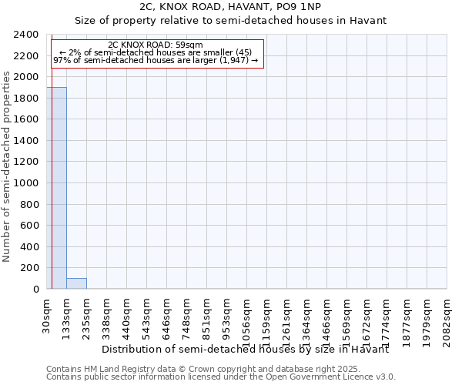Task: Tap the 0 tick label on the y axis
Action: (x=35, y=289)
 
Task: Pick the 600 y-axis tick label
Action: (x=31, y=226)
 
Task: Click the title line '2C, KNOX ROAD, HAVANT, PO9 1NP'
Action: (x=231, y=7)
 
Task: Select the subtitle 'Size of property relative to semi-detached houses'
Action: (x=231, y=20)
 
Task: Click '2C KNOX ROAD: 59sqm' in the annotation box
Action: (x=156, y=45)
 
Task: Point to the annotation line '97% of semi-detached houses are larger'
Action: (x=156, y=60)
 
